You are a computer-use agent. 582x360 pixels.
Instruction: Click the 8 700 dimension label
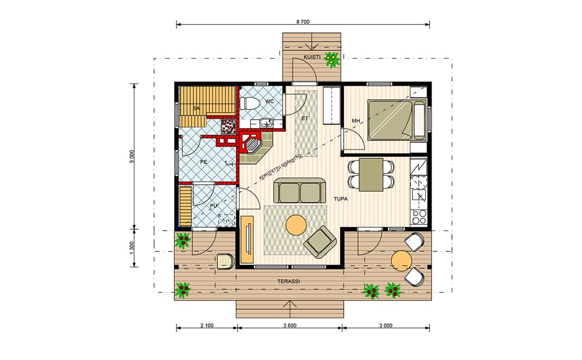pos(302,22)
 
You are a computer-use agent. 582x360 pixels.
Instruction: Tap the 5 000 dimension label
pos(132,157)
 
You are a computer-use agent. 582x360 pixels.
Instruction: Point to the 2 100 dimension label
pos(207,326)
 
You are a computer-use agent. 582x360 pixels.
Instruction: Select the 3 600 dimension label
pos(290,326)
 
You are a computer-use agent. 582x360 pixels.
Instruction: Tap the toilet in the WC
pos(249,102)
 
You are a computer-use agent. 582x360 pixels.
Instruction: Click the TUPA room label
pos(341,199)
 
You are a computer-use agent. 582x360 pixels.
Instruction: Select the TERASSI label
pos(289,281)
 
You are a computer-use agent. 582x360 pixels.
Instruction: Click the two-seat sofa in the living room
pos(300,191)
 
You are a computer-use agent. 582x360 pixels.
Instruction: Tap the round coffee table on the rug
pos(296,226)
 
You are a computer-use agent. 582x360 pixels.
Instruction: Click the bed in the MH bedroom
pos(397,120)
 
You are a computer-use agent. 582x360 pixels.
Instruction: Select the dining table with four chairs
pos(371,174)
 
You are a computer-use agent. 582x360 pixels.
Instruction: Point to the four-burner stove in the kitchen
pos(419,217)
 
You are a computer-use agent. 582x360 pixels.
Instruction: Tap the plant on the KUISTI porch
pos(332,59)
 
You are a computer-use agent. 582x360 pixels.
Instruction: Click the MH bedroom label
pos(355,121)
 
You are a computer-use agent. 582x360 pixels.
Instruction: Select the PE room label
pos(203,162)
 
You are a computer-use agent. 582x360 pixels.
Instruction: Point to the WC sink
pos(266,122)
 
